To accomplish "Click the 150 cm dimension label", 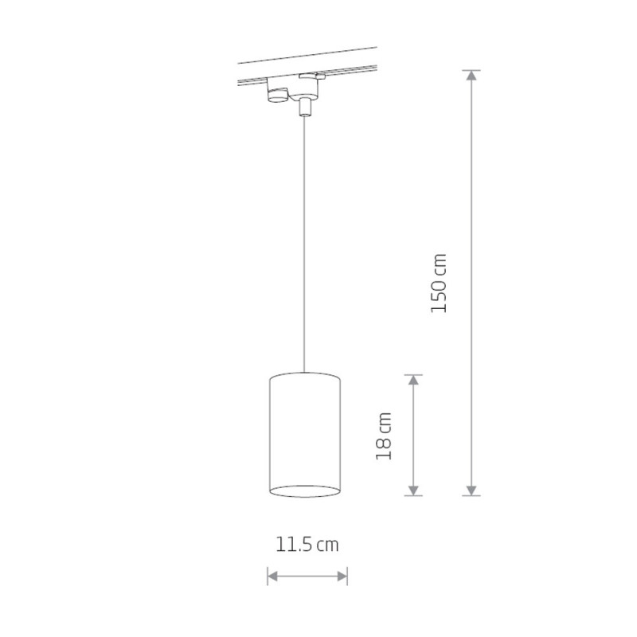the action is click(x=439, y=283).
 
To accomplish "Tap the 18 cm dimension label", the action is click(x=384, y=436).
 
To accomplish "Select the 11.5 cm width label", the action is click(x=307, y=545).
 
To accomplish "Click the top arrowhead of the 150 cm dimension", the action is click(x=471, y=75).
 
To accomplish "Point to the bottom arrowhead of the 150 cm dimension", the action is click(x=471, y=490).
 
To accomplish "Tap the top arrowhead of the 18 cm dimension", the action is click(x=413, y=380).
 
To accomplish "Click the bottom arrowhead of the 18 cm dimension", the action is click(x=413, y=490).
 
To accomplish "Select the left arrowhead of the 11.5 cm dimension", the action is click(x=272, y=576).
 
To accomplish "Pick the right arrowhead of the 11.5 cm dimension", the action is click(x=342, y=576).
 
